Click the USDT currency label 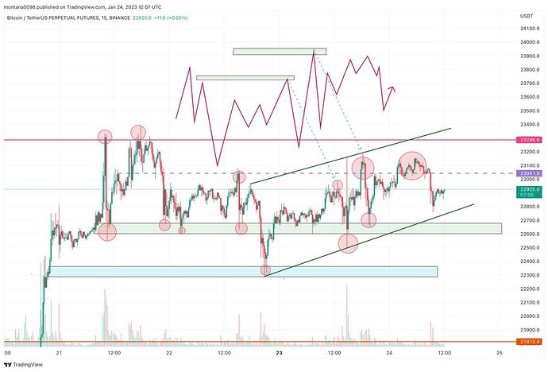(525, 15)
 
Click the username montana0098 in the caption (24, 5)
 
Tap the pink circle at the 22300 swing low (266, 270)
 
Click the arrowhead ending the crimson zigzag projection (394, 89)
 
